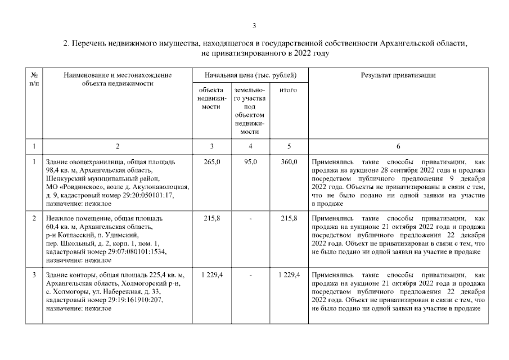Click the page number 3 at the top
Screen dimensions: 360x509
(254, 25)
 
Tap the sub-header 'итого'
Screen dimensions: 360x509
(288, 90)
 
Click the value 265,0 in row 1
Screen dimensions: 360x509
(211, 161)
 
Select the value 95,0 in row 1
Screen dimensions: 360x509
(250, 161)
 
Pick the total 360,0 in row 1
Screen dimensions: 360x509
(289, 161)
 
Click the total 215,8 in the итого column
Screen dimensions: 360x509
(289, 217)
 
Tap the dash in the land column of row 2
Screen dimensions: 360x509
(250, 217)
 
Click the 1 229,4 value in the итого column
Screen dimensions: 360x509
(289, 274)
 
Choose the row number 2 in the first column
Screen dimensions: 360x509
(34, 217)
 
